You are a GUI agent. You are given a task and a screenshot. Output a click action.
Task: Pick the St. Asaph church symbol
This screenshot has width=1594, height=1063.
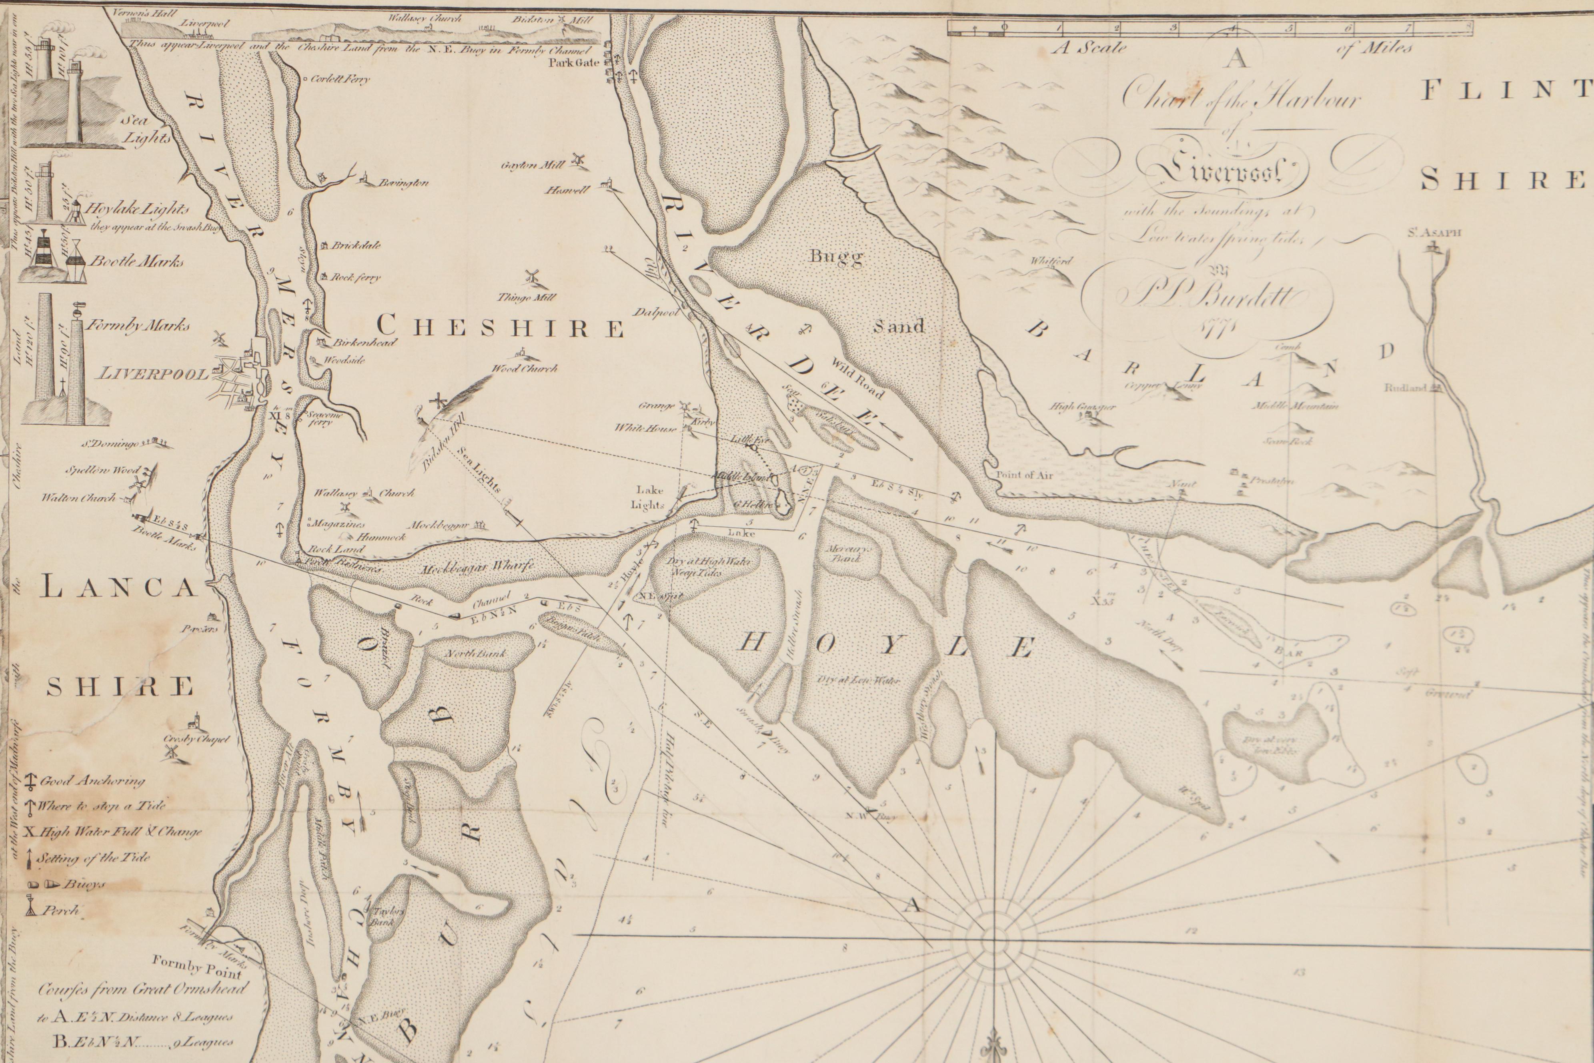pyautogui.click(x=1433, y=249)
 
